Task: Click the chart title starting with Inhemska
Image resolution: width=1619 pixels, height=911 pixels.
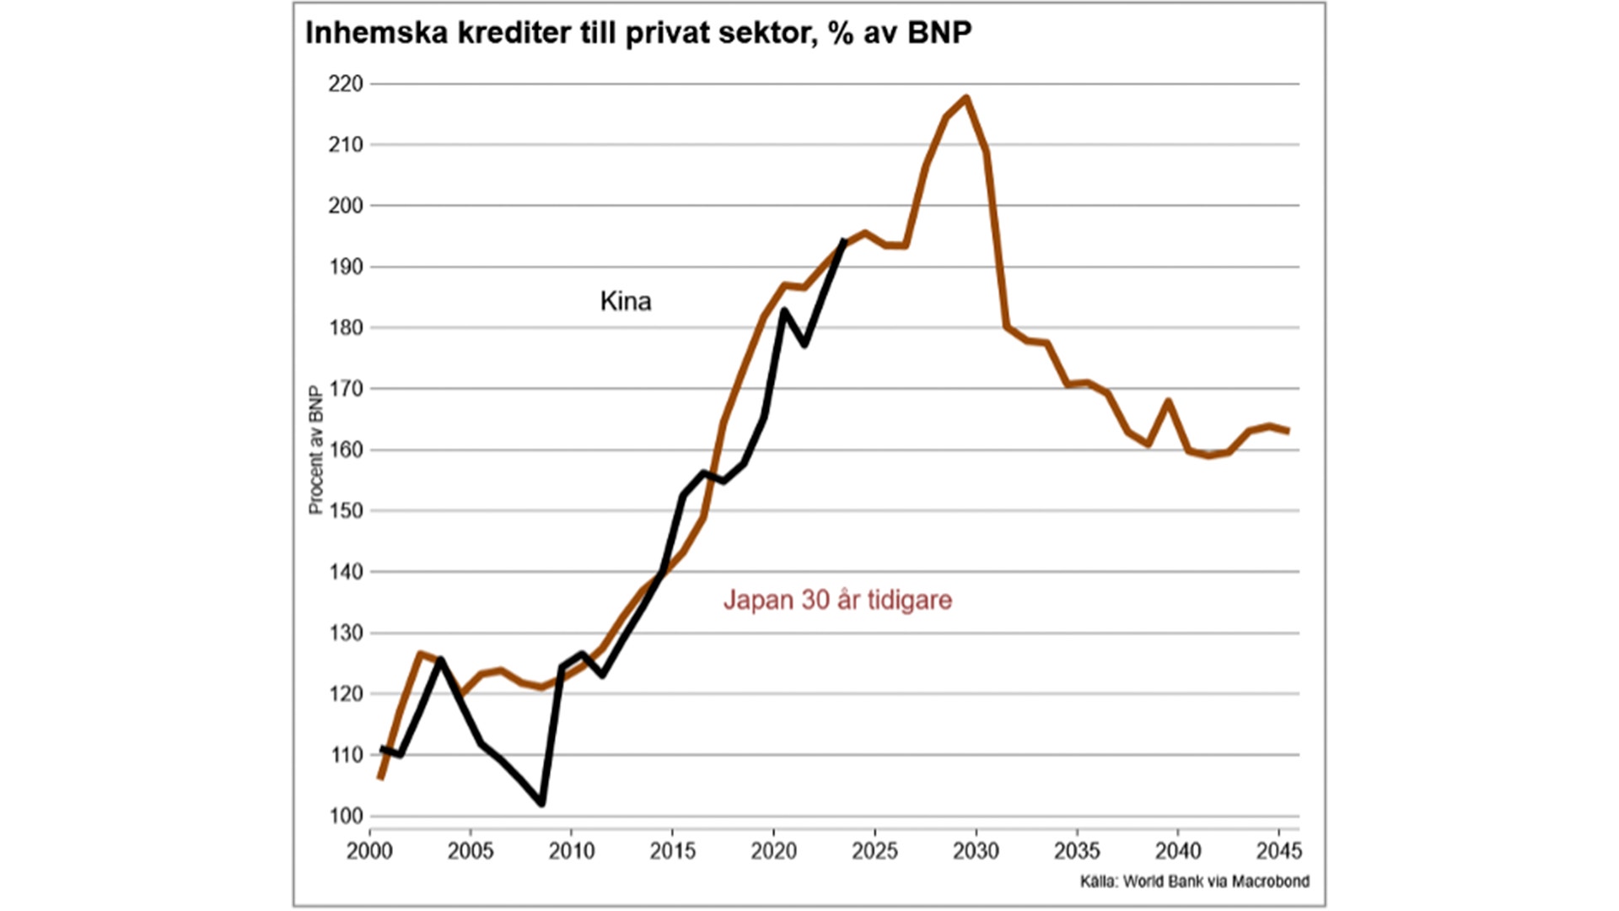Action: pyautogui.click(x=638, y=33)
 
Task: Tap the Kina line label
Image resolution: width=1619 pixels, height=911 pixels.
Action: pyautogui.click(x=625, y=301)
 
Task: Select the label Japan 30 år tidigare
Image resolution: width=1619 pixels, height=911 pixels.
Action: pyautogui.click(x=837, y=600)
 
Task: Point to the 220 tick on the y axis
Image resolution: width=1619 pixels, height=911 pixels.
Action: pyautogui.click(x=346, y=84)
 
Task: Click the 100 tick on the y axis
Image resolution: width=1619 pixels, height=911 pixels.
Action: pyautogui.click(x=346, y=816)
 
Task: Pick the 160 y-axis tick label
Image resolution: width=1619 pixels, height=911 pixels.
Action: pyautogui.click(x=346, y=450)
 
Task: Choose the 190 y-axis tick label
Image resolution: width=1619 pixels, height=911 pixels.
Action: pyautogui.click(x=346, y=267)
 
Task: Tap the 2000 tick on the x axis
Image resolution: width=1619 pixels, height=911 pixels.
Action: pyautogui.click(x=369, y=850)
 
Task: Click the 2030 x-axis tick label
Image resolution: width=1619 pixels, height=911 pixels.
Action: pyautogui.click(x=976, y=850)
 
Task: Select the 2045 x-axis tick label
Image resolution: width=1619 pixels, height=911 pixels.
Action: pyautogui.click(x=1278, y=850)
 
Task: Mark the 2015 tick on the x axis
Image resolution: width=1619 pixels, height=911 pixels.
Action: pyautogui.click(x=672, y=850)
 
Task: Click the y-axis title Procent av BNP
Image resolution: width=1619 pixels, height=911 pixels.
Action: pyautogui.click(x=315, y=450)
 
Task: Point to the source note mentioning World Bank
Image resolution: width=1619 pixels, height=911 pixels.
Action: pyautogui.click(x=1194, y=881)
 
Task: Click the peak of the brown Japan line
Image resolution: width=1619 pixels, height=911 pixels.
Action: pyautogui.click(x=966, y=98)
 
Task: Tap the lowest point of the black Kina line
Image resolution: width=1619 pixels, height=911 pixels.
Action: pyautogui.click(x=541, y=803)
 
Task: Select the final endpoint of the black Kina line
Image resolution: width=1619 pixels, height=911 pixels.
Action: pyautogui.click(x=844, y=242)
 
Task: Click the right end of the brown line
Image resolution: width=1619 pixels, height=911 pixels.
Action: pyautogui.click(x=1288, y=431)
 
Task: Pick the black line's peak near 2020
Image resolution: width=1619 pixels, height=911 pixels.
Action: pyautogui.click(x=784, y=310)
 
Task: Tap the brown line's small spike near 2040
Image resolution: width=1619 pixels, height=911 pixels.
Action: pyautogui.click(x=1169, y=401)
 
